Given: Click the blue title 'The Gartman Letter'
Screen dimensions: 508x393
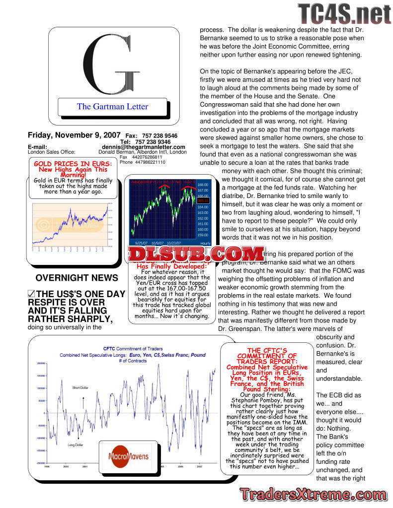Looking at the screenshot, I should tap(112, 106).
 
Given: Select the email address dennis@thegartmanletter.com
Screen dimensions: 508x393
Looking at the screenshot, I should tap(144, 147).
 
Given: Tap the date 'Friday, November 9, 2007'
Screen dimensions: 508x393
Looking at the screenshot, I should tap(74, 135).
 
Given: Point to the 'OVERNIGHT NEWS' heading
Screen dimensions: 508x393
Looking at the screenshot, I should tap(77, 278).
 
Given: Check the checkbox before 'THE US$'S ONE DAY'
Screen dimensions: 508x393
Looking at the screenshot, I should tap(31, 294).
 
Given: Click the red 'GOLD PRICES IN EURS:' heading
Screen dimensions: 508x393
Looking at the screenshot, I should tap(73, 164).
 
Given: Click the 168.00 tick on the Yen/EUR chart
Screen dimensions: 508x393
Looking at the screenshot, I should tap(203, 184).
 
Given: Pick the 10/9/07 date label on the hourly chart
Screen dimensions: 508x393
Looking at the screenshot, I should tap(157, 243).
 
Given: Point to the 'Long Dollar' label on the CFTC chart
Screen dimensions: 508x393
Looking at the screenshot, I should tap(76, 445).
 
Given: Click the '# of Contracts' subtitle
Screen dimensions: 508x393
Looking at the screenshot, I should tap(133, 361).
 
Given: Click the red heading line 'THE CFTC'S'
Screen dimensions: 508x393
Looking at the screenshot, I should tap(267, 350).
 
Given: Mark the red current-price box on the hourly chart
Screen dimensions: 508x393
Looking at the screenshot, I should tap(203, 200).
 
